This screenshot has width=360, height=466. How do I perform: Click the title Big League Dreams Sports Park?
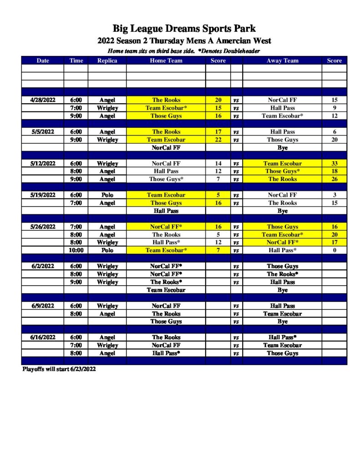(184, 30)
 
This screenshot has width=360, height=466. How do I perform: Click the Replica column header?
(107, 61)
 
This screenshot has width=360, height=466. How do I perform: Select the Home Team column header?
(166, 61)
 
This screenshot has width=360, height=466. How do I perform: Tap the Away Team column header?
(282, 61)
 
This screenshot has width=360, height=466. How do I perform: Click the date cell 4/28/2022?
(43, 100)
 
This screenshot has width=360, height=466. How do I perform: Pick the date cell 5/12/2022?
(43, 163)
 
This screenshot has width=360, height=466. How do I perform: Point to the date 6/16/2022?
(43, 337)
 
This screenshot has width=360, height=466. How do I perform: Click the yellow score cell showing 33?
(334, 163)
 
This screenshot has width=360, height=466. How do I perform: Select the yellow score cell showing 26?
(334, 179)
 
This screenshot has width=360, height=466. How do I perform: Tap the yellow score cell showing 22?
(218, 140)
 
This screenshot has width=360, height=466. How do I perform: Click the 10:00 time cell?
(76, 250)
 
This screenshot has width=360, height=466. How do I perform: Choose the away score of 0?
(334, 250)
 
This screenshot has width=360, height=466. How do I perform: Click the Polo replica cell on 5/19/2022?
(107, 195)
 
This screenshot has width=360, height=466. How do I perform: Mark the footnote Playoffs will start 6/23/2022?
(59, 369)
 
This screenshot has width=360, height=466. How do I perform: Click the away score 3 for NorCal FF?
(334, 195)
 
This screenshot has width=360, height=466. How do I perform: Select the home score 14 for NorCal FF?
(218, 163)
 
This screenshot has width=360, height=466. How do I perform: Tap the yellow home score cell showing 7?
(218, 250)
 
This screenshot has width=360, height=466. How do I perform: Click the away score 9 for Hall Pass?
(334, 108)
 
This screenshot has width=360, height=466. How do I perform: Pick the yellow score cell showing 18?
(334, 171)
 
